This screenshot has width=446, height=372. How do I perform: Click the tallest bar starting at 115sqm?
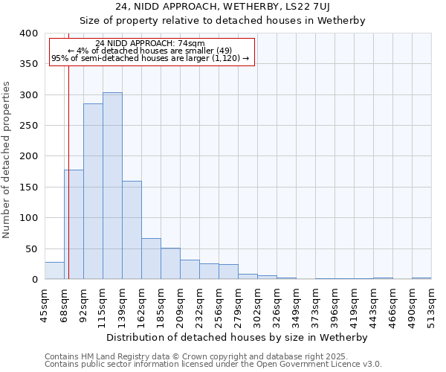(x=112, y=186)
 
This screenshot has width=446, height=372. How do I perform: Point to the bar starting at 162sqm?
(x=151, y=259)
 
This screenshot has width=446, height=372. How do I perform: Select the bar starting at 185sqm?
(x=170, y=264)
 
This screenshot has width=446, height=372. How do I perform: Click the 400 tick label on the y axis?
(x=28, y=33)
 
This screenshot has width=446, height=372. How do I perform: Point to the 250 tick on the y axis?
(x=28, y=126)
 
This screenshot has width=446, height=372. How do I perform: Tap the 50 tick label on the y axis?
(x=31, y=248)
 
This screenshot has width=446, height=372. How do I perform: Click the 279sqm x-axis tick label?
(x=238, y=304)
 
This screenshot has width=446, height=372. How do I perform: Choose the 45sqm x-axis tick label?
(x=45, y=304)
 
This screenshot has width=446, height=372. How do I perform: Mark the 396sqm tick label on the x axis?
(x=334, y=304)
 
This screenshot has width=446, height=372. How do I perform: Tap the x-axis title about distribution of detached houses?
(x=237, y=337)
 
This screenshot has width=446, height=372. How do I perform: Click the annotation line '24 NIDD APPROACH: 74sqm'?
(x=150, y=43)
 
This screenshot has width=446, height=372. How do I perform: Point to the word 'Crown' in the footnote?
(x=171, y=356)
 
